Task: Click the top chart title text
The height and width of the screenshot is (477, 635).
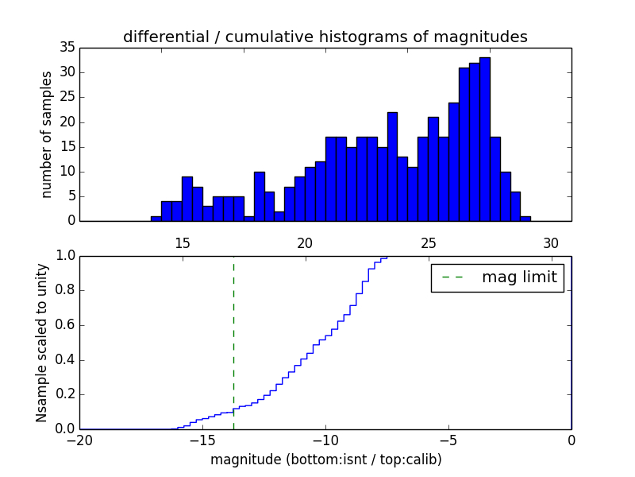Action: click(x=325, y=37)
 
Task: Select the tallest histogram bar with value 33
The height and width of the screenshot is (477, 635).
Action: click(x=484, y=139)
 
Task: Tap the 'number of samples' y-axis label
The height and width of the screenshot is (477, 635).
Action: click(x=47, y=134)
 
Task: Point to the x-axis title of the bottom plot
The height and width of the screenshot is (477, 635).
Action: click(x=325, y=460)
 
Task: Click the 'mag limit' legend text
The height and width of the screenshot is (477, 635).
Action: click(x=519, y=277)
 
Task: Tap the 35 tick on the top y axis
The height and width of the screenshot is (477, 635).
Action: click(x=67, y=48)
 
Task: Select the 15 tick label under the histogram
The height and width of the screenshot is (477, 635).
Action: click(x=182, y=243)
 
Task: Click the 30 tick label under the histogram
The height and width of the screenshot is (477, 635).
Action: click(x=551, y=243)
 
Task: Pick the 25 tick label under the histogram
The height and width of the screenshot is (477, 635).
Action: click(x=428, y=243)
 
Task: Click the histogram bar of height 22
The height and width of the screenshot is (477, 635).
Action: click(x=392, y=167)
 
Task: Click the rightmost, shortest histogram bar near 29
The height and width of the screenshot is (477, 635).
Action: click(x=525, y=219)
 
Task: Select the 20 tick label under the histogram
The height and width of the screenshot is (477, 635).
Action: click(x=305, y=243)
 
